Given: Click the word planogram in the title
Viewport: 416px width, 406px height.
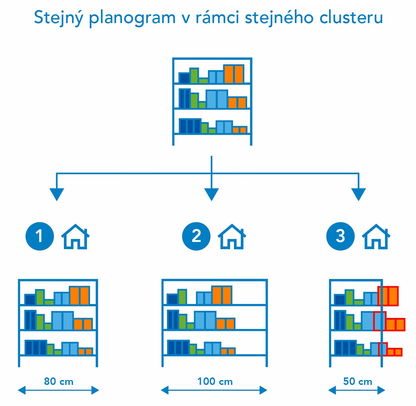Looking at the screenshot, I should click(132, 18).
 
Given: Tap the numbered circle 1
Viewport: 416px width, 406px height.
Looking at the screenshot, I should click(40, 236).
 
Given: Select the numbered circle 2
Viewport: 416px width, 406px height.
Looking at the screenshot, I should click(196, 236).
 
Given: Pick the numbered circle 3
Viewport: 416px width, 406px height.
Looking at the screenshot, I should click(340, 236).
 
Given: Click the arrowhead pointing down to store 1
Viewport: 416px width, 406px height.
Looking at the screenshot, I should click(57, 194).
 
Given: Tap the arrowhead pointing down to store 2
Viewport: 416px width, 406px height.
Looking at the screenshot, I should click(212, 194).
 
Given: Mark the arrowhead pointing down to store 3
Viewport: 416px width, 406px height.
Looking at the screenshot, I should click(359, 194).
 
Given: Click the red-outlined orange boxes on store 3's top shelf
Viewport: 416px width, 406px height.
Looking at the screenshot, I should click(388, 296).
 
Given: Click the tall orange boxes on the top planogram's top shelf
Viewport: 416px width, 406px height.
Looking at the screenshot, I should click(234, 74).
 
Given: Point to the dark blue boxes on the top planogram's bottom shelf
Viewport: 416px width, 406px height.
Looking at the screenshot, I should click(190, 126).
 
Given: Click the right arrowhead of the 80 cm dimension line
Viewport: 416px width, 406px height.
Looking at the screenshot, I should click(95, 390).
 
